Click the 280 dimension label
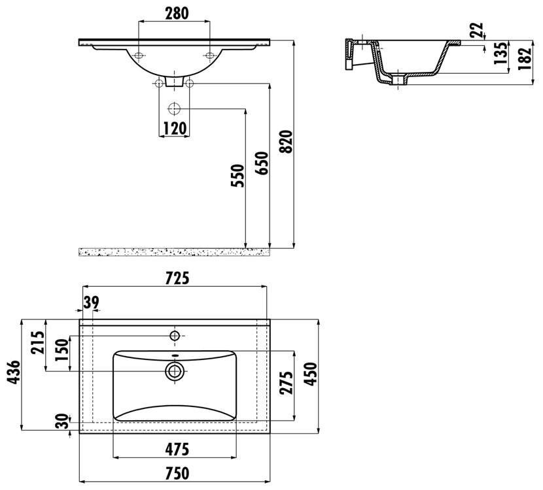tap(177, 14)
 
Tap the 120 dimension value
tap(175, 129)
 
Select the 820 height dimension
tap(287, 141)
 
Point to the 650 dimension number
tap(262, 163)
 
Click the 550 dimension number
tap(237, 176)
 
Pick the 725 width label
tap(177, 278)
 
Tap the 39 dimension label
tap(91, 302)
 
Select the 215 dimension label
tap(38, 342)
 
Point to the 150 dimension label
tap(62, 350)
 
